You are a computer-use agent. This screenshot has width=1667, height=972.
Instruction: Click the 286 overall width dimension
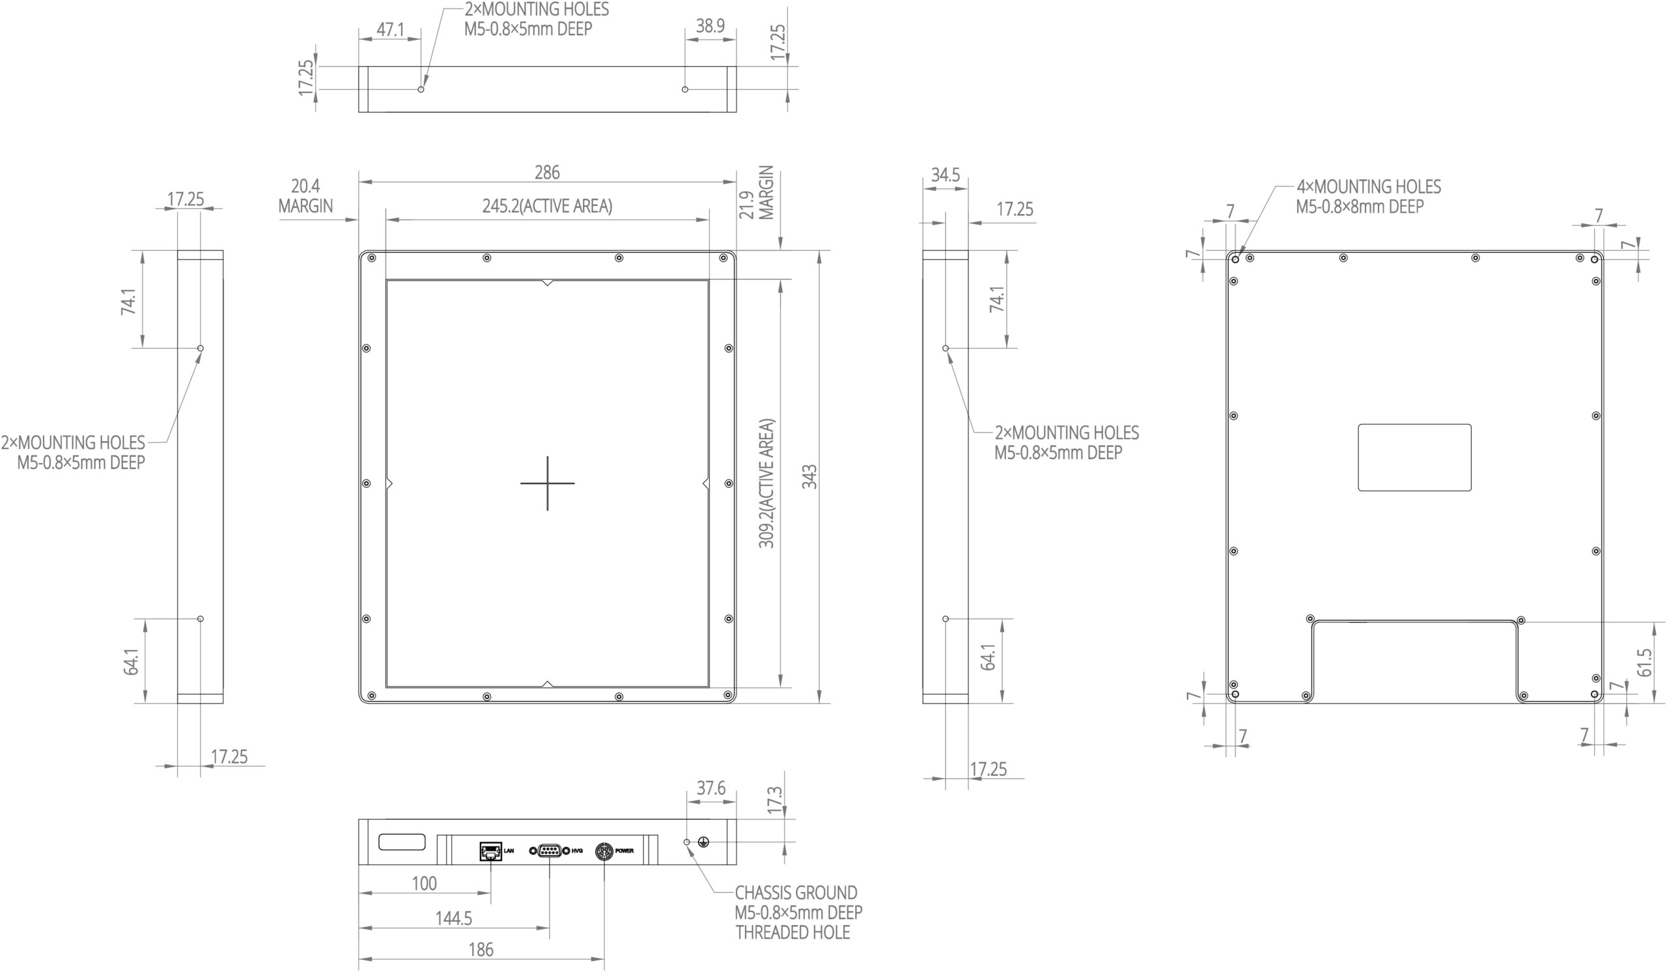tap(547, 173)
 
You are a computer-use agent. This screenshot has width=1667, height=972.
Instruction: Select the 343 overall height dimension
tap(809, 476)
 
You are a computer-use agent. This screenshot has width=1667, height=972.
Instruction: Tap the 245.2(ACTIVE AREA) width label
tap(547, 207)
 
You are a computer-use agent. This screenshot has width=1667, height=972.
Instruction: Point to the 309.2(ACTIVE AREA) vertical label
tap(766, 483)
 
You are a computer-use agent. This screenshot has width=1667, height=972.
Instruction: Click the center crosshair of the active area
tap(547, 483)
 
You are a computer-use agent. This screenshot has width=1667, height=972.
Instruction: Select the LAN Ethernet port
tap(490, 851)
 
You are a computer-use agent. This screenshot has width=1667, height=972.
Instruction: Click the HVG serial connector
tap(549, 851)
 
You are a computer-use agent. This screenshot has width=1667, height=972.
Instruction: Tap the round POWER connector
tap(604, 851)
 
